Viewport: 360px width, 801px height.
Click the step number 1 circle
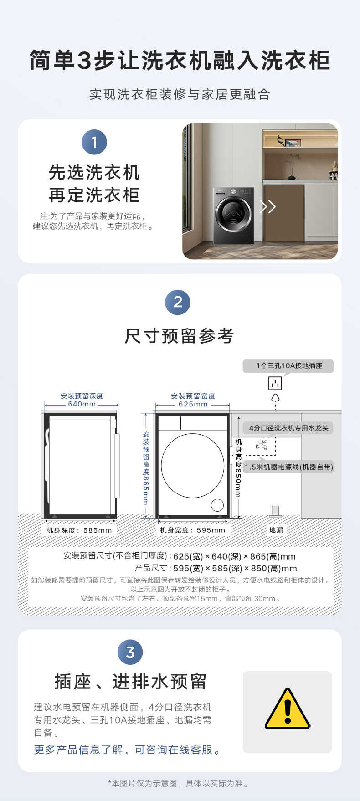[x=94, y=142]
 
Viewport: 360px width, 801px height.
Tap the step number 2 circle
[x=178, y=302]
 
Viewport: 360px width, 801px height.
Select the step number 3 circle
[x=130, y=652]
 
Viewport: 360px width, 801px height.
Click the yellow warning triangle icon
[x=287, y=709]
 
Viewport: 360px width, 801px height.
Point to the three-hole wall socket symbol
[x=275, y=383]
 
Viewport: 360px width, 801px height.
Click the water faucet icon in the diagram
[x=262, y=445]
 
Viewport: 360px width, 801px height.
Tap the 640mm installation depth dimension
[x=82, y=404]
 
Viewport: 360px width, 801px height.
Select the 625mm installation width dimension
[x=193, y=404]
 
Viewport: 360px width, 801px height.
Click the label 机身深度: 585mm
[x=79, y=530]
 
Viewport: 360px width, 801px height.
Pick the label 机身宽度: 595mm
[x=192, y=530]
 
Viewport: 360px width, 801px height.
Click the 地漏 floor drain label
[x=276, y=530]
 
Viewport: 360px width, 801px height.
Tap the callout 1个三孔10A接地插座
[x=288, y=366]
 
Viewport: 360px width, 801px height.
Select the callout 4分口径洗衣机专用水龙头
[x=288, y=428]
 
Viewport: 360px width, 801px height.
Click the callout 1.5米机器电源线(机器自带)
[x=288, y=467]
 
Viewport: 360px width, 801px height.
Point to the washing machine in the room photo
[x=234, y=215]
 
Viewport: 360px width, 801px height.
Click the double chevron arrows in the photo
[x=268, y=206]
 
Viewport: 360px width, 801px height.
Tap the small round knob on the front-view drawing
[x=217, y=505]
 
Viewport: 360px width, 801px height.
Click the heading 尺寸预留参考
[x=180, y=336]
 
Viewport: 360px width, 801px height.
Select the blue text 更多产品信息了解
[x=78, y=750]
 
